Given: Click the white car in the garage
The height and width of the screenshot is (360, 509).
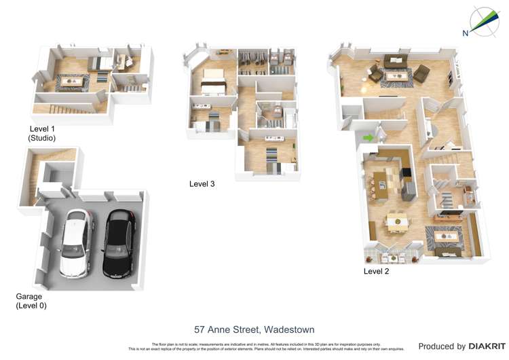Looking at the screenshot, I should click(x=75, y=243).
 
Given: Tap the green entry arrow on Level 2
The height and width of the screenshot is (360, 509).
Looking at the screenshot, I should click(x=369, y=138).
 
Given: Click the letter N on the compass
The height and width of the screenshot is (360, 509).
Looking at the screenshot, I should click(x=466, y=33).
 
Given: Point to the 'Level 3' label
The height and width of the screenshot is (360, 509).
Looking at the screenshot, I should click(x=202, y=183).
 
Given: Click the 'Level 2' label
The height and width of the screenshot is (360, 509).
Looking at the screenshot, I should click(x=377, y=271).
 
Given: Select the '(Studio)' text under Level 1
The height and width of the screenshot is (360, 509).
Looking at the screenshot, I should click(x=41, y=138).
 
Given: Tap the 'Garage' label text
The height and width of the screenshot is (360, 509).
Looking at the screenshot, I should click(x=29, y=296).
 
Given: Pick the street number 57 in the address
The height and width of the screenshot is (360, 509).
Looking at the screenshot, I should click(x=200, y=330).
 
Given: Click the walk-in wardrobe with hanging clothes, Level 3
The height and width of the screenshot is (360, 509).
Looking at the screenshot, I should click(x=254, y=66).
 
